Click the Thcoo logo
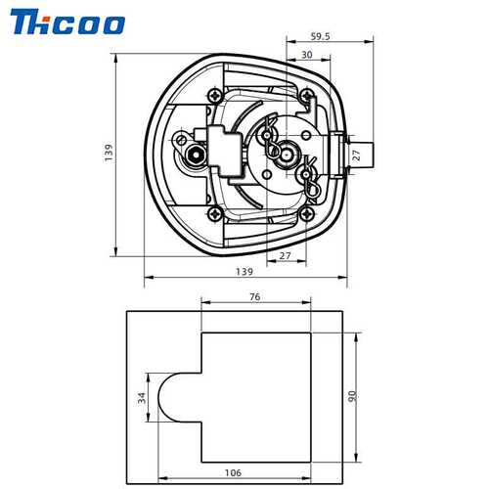[x=67, y=22]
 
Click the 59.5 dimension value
[x=320, y=36]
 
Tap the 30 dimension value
[x=307, y=55]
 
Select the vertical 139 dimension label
[x=109, y=152]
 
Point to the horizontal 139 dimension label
[x=244, y=272]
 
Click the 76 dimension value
[x=255, y=297]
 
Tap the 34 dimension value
[x=142, y=398]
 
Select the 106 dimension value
[x=233, y=472]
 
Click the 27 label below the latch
[x=285, y=256]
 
